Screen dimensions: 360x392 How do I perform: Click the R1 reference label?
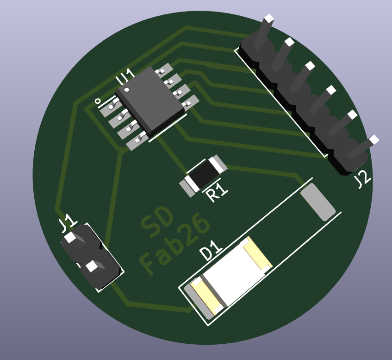217,191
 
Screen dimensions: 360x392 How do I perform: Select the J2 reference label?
363,179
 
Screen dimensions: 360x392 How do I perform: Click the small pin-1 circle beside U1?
98,101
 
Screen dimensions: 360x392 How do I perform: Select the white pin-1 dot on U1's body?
126,89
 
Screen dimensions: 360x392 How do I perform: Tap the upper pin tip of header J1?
70,238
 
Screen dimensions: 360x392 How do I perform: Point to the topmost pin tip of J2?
269,19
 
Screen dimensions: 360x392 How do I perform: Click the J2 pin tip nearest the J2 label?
374,139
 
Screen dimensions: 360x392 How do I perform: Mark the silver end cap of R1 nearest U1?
217,163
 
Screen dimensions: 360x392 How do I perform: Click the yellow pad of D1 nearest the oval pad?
257,253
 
